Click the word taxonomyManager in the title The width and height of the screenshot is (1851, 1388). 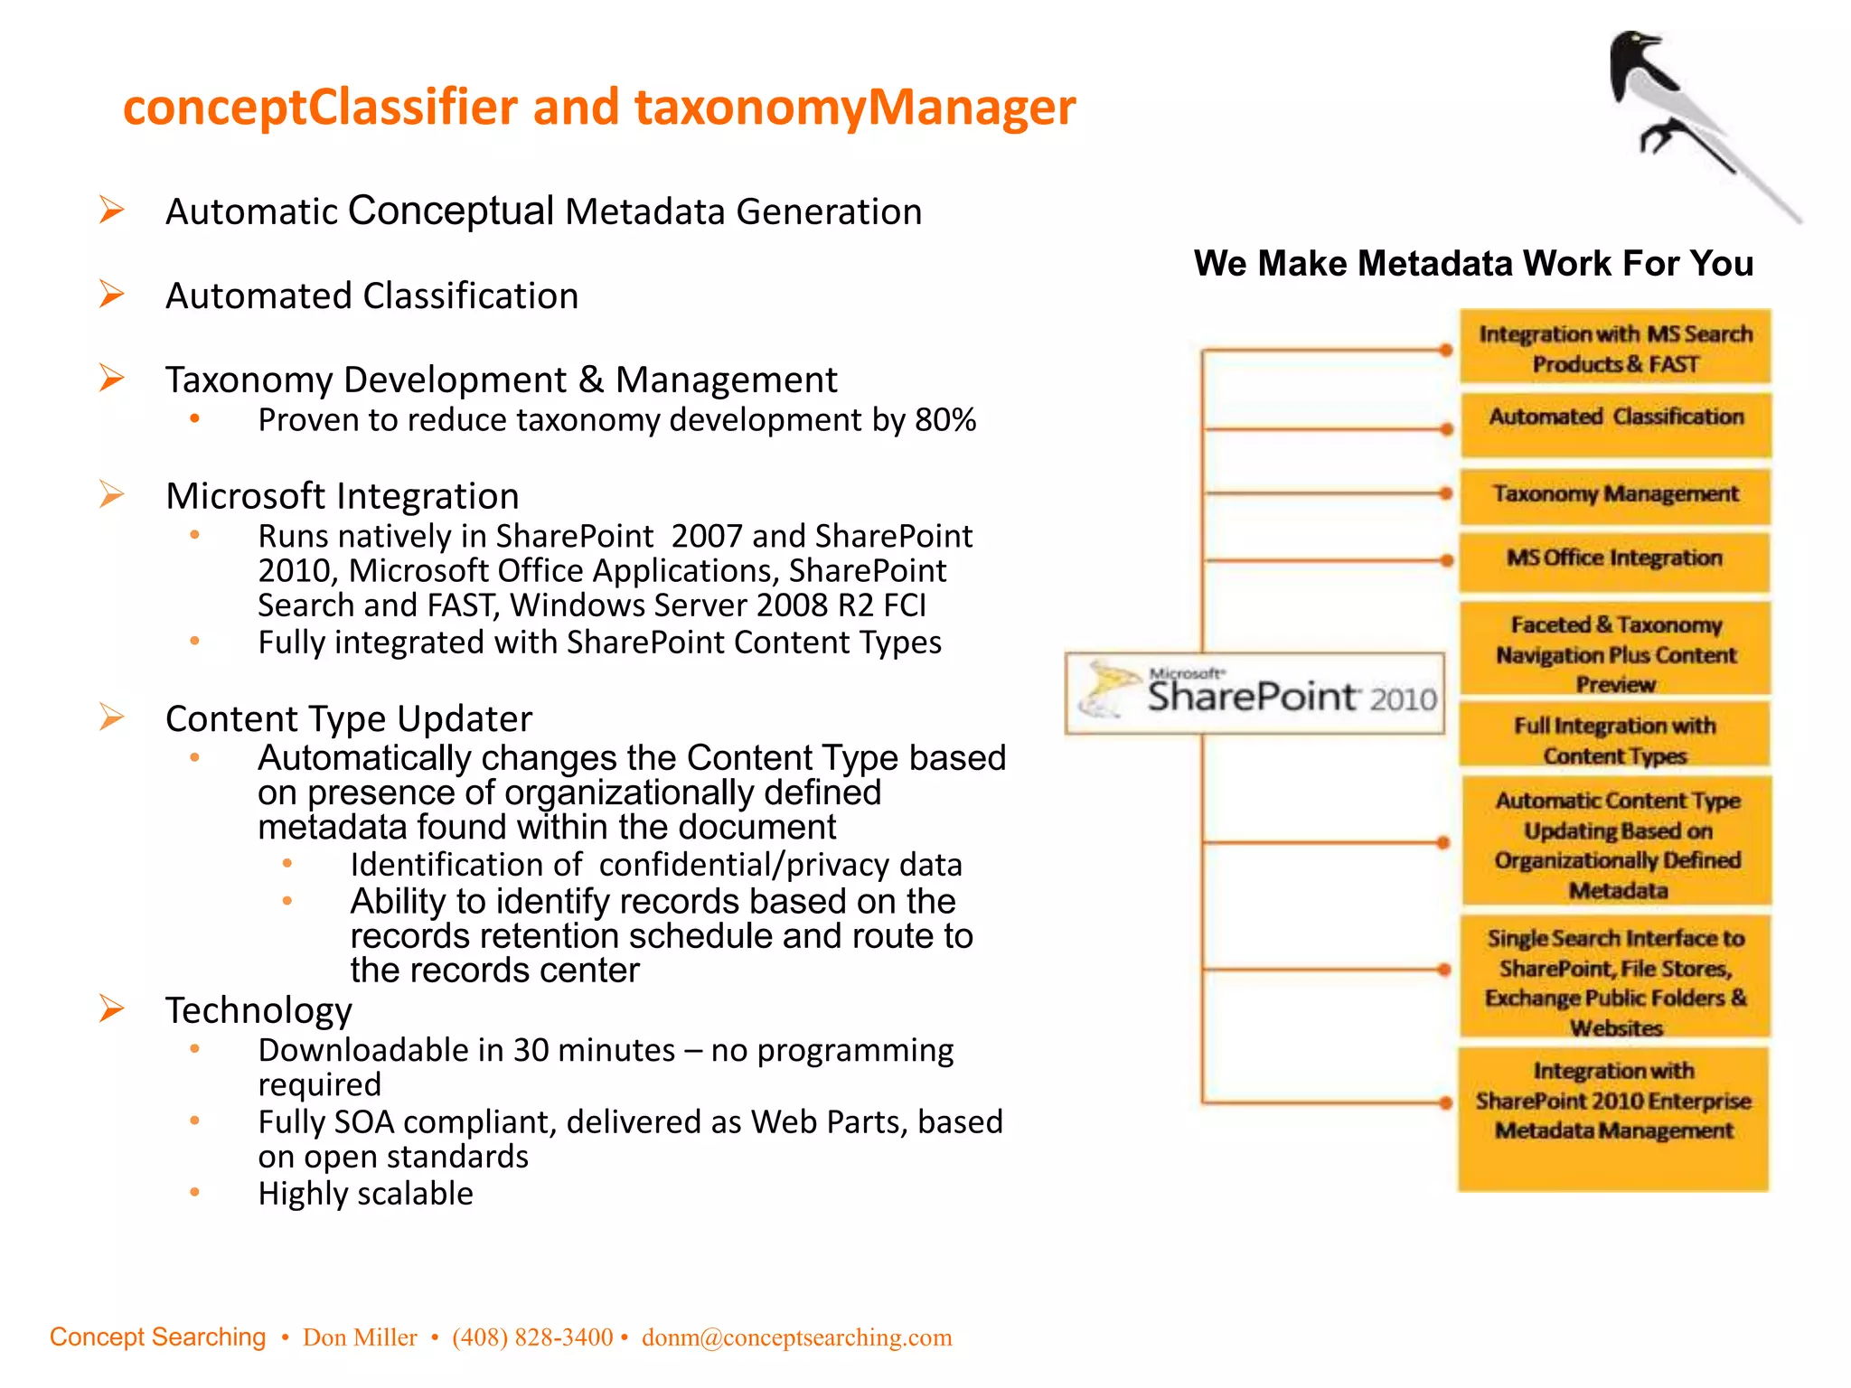point(854,108)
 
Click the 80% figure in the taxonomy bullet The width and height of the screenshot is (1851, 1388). point(945,420)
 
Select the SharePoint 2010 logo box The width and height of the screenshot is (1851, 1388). point(1254,693)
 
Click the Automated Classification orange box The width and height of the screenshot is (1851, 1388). point(1615,425)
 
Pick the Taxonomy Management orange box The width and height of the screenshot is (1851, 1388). point(1615,495)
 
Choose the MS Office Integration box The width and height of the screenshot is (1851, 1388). point(1614,560)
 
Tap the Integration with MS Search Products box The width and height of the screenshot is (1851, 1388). point(1615,349)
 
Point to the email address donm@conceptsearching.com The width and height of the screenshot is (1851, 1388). point(796,1337)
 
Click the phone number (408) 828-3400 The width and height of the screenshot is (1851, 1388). point(532,1337)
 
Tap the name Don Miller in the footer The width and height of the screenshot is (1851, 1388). point(360,1337)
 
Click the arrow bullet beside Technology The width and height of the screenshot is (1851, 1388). point(112,1008)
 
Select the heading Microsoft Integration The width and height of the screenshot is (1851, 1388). point(342,496)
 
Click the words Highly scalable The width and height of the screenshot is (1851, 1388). point(365,1194)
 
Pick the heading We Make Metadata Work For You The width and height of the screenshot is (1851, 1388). point(1472,264)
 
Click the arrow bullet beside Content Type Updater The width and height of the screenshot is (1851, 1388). point(112,717)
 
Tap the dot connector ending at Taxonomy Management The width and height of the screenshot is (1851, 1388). point(1445,493)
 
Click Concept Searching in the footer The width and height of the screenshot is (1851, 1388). point(157,1337)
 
